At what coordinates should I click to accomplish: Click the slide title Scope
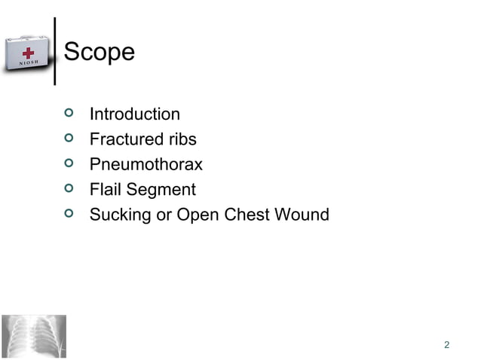[x=100, y=52]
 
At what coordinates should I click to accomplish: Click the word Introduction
[x=134, y=114]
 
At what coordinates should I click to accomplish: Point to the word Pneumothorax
[x=146, y=164]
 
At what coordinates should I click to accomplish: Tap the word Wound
[x=302, y=215]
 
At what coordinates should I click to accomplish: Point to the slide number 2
[x=447, y=345]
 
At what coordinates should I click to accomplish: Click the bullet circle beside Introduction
[x=69, y=114]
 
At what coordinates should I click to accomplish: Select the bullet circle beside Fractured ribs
[x=69, y=139]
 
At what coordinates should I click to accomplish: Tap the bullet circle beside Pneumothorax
[x=69, y=163]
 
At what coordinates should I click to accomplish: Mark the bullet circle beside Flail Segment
[x=69, y=188]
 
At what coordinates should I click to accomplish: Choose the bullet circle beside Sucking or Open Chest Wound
[x=69, y=213]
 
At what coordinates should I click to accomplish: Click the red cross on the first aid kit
[x=29, y=54]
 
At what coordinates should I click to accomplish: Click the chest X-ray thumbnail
[x=33, y=336]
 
